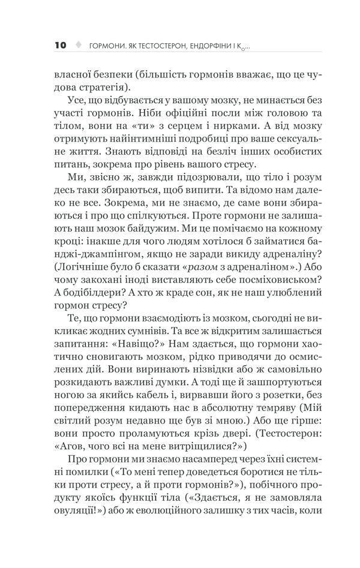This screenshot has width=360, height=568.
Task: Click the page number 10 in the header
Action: tap(60, 45)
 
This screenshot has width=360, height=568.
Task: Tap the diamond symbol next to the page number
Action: tap(77, 45)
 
